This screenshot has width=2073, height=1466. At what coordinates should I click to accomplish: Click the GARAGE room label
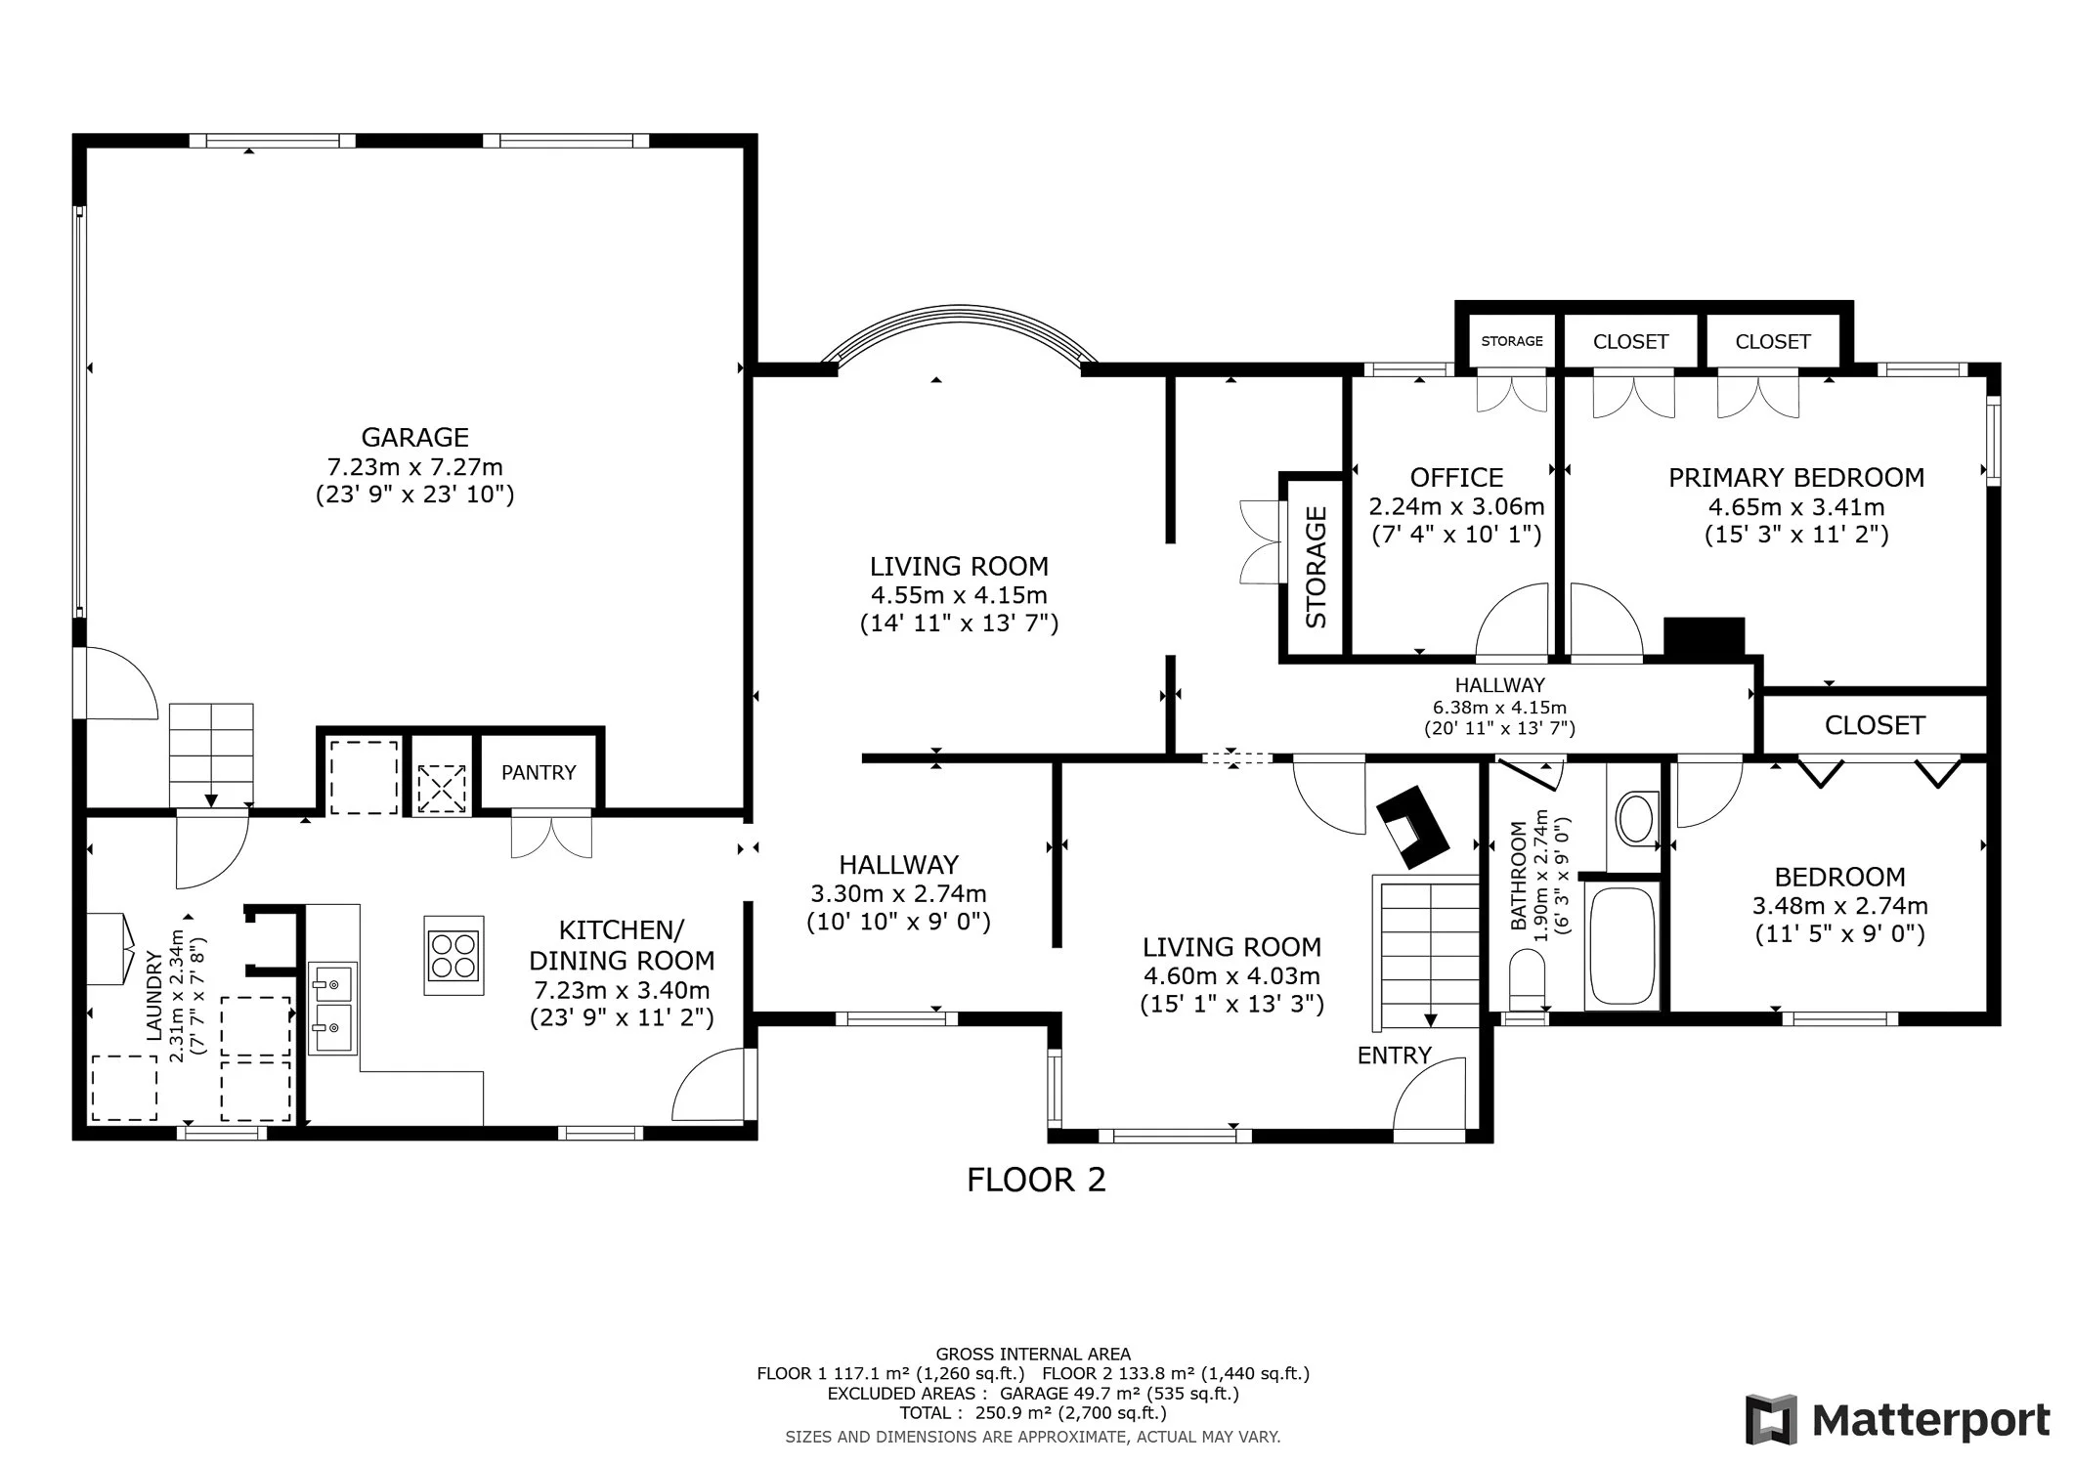point(414,437)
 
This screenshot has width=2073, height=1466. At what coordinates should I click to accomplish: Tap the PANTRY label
point(539,772)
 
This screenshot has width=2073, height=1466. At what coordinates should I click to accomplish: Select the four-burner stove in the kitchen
point(453,955)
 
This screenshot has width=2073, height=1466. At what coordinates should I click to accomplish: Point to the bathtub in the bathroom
point(1621,947)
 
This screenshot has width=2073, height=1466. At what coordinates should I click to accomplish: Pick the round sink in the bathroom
point(1635,818)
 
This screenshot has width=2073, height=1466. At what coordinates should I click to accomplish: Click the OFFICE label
point(1456,477)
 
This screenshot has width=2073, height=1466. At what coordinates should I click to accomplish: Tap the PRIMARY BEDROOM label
point(1796,477)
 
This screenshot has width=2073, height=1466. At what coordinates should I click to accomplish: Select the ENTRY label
point(1394,1056)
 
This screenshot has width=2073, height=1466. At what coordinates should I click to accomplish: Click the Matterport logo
point(1898,1420)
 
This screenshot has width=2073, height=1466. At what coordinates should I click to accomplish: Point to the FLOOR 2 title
point(1036,1180)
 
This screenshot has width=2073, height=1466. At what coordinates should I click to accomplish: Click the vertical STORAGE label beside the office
point(1317,567)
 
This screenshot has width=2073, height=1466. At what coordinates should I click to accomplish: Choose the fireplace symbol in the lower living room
point(1412,827)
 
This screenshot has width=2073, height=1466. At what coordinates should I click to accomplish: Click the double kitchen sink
point(332,1008)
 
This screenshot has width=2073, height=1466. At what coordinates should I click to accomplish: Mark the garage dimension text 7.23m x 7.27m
point(414,466)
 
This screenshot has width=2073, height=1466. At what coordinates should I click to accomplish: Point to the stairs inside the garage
point(211,755)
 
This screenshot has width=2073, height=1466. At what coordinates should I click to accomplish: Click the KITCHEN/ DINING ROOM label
point(622,944)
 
